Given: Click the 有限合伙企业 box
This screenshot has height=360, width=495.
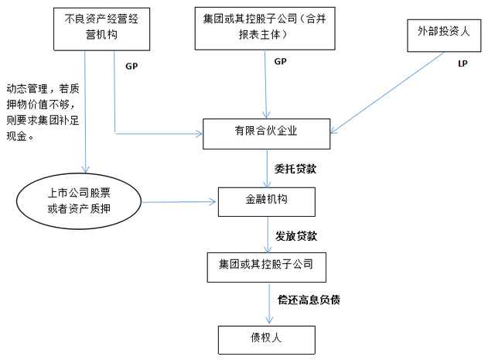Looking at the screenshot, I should point(267,132).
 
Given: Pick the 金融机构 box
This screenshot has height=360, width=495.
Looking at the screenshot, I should point(266,201).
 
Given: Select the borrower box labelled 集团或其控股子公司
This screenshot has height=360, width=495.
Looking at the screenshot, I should point(267,266).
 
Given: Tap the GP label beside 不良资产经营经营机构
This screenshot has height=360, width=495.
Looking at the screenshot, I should point(131,65).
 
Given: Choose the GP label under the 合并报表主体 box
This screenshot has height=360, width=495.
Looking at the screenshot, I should point(281,60).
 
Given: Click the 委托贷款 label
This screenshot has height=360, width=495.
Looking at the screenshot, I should point(295,167).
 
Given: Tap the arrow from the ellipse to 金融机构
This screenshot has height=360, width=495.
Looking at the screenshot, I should point(178,203).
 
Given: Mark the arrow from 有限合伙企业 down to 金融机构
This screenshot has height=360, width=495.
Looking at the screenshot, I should point(268,167).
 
